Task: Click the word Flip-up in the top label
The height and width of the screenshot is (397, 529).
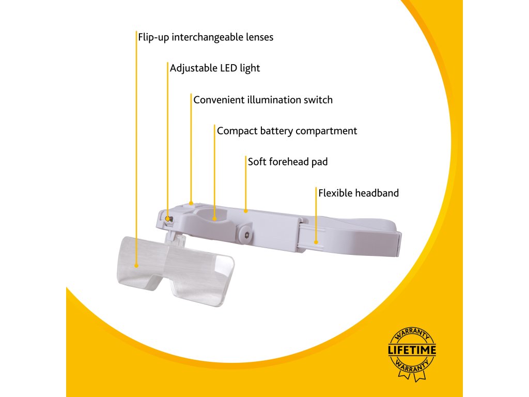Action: (x=153, y=37)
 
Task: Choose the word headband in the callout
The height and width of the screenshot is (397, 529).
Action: (x=377, y=193)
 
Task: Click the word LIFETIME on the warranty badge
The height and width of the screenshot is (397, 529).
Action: (x=412, y=350)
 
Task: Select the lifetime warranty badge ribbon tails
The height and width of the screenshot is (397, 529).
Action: (x=412, y=377)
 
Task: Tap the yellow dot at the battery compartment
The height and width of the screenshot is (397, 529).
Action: (x=214, y=219)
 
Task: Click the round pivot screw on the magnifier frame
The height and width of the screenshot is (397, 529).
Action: (x=246, y=235)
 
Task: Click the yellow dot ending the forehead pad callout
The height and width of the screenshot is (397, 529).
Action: (x=246, y=210)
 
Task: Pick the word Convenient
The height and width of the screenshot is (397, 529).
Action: (x=219, y=100)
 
